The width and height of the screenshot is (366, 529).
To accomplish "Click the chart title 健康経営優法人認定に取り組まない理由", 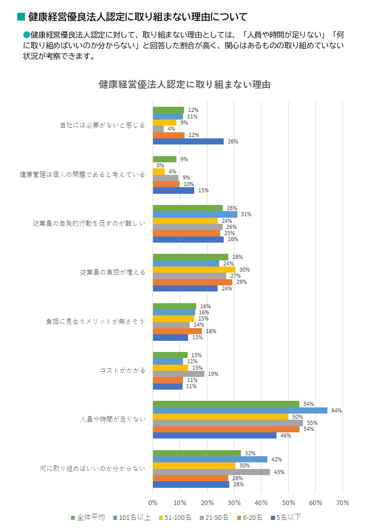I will [x=185, y=84].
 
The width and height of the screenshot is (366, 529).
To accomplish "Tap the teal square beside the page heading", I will [x=21, y=17].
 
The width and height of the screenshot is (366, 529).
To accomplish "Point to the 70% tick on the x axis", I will [x=343, y=503].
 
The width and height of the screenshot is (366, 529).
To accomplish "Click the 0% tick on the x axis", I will [x=153, y=503].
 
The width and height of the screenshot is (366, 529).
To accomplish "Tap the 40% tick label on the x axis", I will [x=261, y=503].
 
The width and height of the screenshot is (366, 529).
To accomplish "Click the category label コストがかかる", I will [x=122, y=370].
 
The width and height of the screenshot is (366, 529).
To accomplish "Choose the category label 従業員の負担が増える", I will [x=112, y=272].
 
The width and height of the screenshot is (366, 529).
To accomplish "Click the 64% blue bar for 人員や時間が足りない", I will [x=240, y=410].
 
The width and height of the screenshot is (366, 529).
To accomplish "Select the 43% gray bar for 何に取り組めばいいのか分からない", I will [x=211, y=472].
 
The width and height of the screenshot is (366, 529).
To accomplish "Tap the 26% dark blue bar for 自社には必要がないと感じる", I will [x=188, y=141].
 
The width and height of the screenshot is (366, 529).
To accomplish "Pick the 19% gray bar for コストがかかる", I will [x=178, y=374].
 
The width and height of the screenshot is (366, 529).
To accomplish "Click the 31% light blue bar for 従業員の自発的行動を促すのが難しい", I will [x=195, y=214].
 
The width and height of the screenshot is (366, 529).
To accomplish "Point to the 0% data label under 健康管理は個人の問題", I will [x=160, y=165].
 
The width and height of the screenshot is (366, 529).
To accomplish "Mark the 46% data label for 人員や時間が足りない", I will [x=283, y=435].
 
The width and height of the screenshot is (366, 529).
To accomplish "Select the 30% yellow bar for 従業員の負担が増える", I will [x=194, y=270].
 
